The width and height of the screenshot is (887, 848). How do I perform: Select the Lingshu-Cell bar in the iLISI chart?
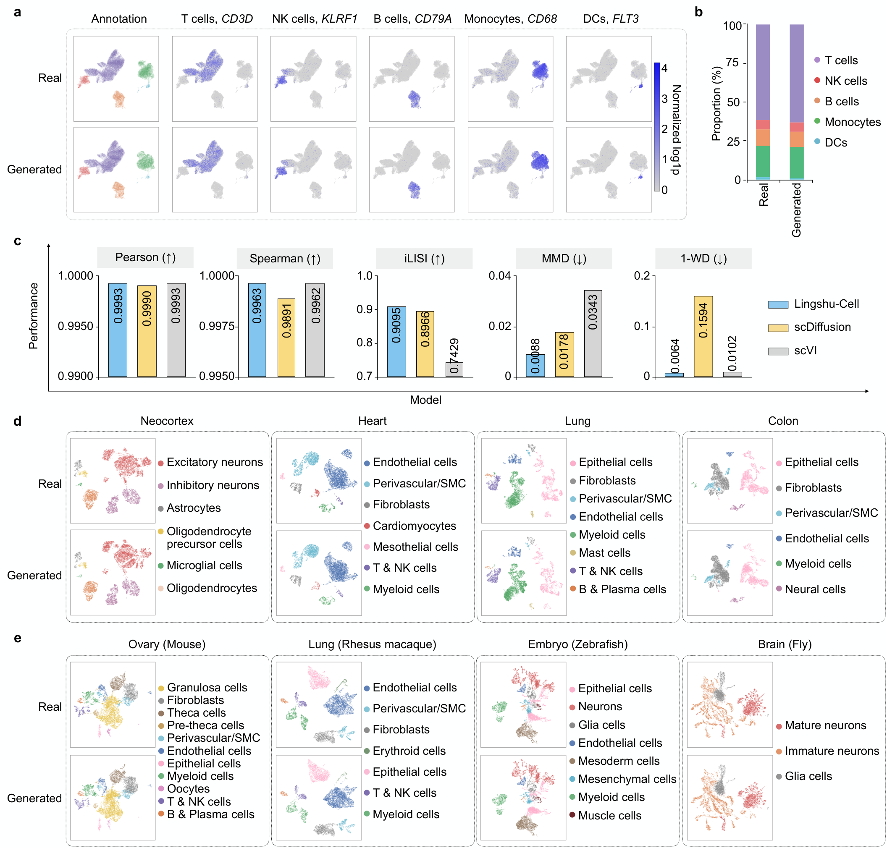pyautogui.click(x=396, y=342)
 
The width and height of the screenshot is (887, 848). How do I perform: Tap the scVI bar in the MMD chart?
pyautogui.click(x=593, y=333)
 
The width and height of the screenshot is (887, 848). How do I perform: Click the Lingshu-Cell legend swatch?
pyautogui.click(x=777, y=304)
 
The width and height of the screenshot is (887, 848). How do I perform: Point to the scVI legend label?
pyautogui.click(x=805, y=351)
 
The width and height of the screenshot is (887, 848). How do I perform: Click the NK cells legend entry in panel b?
pyautogui.click(x=845, y=81)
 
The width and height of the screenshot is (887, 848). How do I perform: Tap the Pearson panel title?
pyautogui.click(x=145, y=258)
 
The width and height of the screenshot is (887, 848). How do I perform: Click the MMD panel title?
pyautogui.click(x=564, y=259)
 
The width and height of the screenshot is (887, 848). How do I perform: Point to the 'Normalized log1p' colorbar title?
pyautogui.click(x=676, y=129)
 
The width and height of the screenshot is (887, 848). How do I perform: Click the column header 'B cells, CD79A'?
pyautogui.click(x=412, y=18)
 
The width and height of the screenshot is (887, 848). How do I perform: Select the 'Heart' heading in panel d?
pyautogui.click(x=372, y=421)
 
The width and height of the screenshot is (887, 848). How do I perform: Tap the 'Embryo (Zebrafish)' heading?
pyautogui.click(x=577, y=644)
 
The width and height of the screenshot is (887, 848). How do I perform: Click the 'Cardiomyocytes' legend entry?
pyautogui.click(x=414, y=526)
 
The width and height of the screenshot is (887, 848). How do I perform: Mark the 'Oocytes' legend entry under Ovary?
pyautogui.click(x=188, y=789)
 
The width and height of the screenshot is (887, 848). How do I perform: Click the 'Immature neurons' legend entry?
pyautogui.click(x=832, y=751)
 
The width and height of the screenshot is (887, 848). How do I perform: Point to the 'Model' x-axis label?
pyautogui.click(x=425, y=400)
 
